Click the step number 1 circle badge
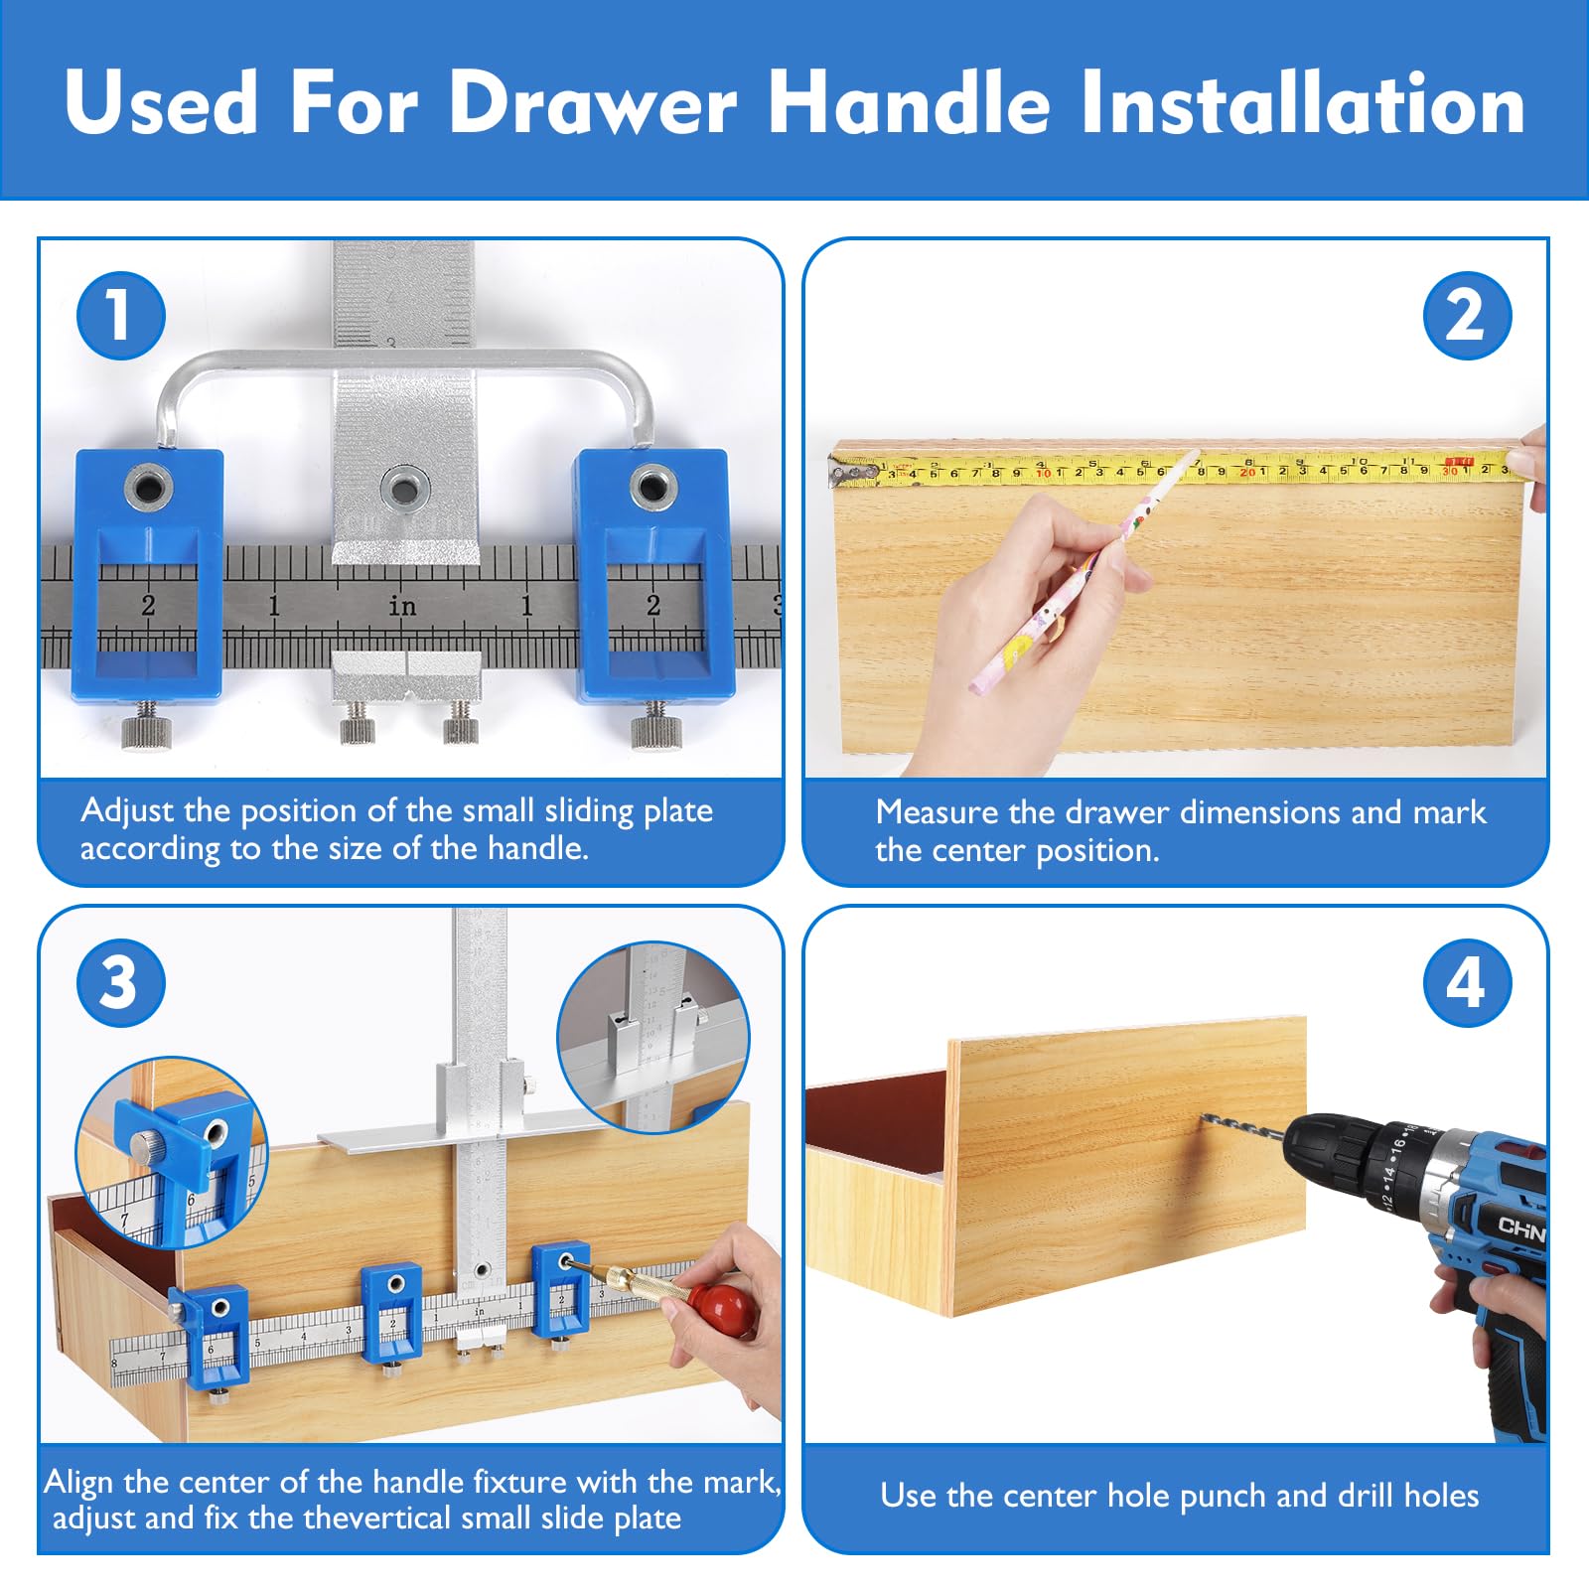[x=120, y=316]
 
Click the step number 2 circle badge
[x=1467, y=316]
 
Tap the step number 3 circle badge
[x=120, y=983]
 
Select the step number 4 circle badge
[x=1467, y=983]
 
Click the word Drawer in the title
[x=593, y=102]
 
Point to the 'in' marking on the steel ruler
[x=401, y=605]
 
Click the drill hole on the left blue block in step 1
[x=149, y=487]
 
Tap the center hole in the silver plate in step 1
[x=404, y=488]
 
